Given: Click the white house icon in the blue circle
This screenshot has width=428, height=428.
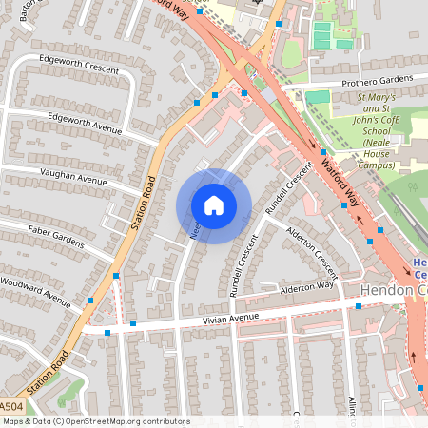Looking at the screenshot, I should [x=213, y=205].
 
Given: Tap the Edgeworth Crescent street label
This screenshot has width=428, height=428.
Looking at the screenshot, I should [x=78, y=64].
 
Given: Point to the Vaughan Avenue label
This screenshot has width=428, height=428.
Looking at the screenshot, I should [x=73, y=178].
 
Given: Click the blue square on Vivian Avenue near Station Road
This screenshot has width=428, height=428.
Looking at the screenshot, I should [x=133, y=324].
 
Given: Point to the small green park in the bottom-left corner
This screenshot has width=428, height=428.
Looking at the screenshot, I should [x=68, y=391].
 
